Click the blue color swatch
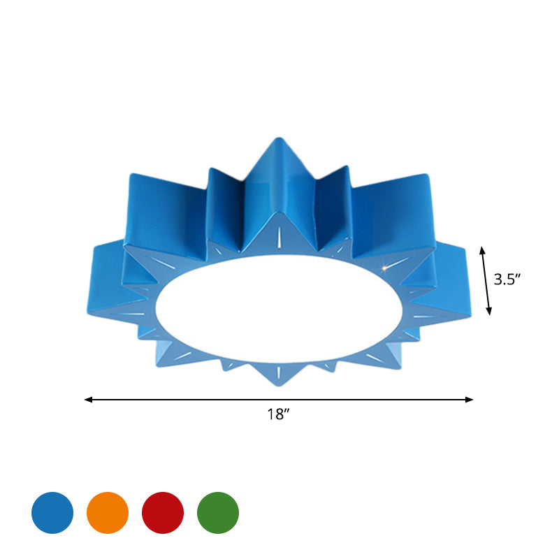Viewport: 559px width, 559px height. (52, 512)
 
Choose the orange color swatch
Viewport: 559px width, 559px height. (108, 512)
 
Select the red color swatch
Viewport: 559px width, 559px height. (163, 512)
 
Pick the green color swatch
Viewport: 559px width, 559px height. (218, 512)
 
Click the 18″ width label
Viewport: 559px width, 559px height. (278, 414)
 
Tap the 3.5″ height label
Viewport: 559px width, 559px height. (508, 280)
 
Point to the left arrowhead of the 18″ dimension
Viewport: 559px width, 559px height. (87, 400)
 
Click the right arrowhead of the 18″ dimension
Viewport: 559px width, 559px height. (470, 400)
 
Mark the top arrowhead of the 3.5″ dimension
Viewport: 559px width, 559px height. (481, 249)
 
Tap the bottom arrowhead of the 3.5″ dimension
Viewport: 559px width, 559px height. (489, 312)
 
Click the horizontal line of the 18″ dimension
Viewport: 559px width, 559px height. (279, 400)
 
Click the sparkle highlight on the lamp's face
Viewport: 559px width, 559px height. (384, 267)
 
